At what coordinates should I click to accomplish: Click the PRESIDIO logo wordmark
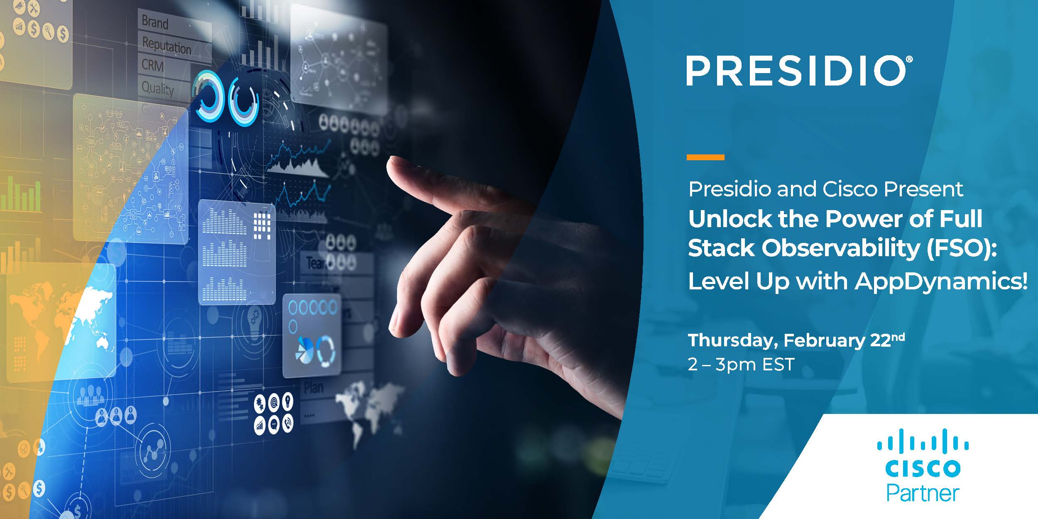(797, 71)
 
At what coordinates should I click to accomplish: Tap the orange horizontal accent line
(705, 157)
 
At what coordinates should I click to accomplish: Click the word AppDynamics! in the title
(941, 282)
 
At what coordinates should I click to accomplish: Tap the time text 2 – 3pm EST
(741, 365)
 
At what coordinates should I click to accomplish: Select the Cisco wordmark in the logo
(923, 469)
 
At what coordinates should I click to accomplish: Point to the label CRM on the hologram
(152, 65)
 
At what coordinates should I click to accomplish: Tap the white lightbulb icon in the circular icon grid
(287, 401)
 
